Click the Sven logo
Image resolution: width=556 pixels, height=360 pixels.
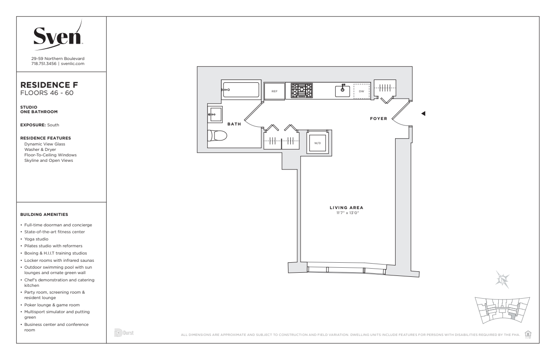[58, 35]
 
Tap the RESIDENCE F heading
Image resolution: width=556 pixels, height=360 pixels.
[49, 85]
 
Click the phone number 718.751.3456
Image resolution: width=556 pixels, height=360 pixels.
[44, 64]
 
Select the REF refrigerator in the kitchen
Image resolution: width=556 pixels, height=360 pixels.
[274, 91]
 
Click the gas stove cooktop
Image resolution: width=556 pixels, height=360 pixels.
[302, 90]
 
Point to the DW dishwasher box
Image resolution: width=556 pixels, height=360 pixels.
[362, 91]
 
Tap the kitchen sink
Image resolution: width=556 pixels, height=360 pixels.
[343, 91]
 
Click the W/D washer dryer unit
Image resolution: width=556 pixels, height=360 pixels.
[318, 143]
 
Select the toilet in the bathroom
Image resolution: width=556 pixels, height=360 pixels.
[217, 136]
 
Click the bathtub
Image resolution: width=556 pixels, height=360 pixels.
[241, 90]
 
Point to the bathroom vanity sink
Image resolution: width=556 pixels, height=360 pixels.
[215, 115]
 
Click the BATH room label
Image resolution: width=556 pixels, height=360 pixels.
[234, 124]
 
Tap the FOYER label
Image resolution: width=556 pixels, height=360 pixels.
[378, 119]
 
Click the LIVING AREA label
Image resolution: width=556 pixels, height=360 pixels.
[346, 208]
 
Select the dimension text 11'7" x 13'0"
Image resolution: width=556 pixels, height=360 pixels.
[347, 213]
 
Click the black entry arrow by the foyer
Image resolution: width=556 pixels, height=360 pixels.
[423, 114]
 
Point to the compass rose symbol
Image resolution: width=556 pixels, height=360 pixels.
[502, 280]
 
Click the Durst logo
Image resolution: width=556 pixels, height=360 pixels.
[124, 333]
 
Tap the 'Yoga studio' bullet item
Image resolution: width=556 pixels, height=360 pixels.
[36, 239]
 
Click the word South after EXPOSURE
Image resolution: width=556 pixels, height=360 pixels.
[53, 125]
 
